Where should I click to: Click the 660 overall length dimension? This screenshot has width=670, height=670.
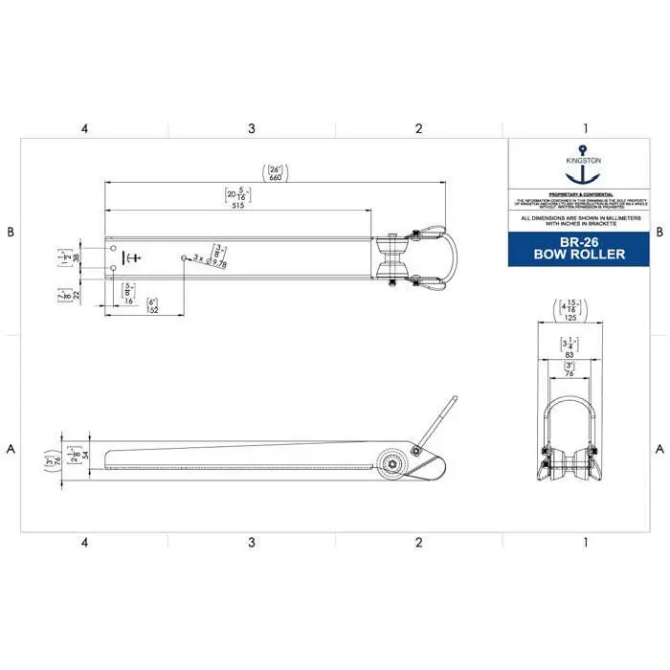click(276, 177)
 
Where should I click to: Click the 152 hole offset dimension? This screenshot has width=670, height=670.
click(152, 309)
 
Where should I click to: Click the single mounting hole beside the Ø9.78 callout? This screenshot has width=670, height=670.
click(183, 257)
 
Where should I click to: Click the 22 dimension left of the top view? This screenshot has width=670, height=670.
click(76, 296)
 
